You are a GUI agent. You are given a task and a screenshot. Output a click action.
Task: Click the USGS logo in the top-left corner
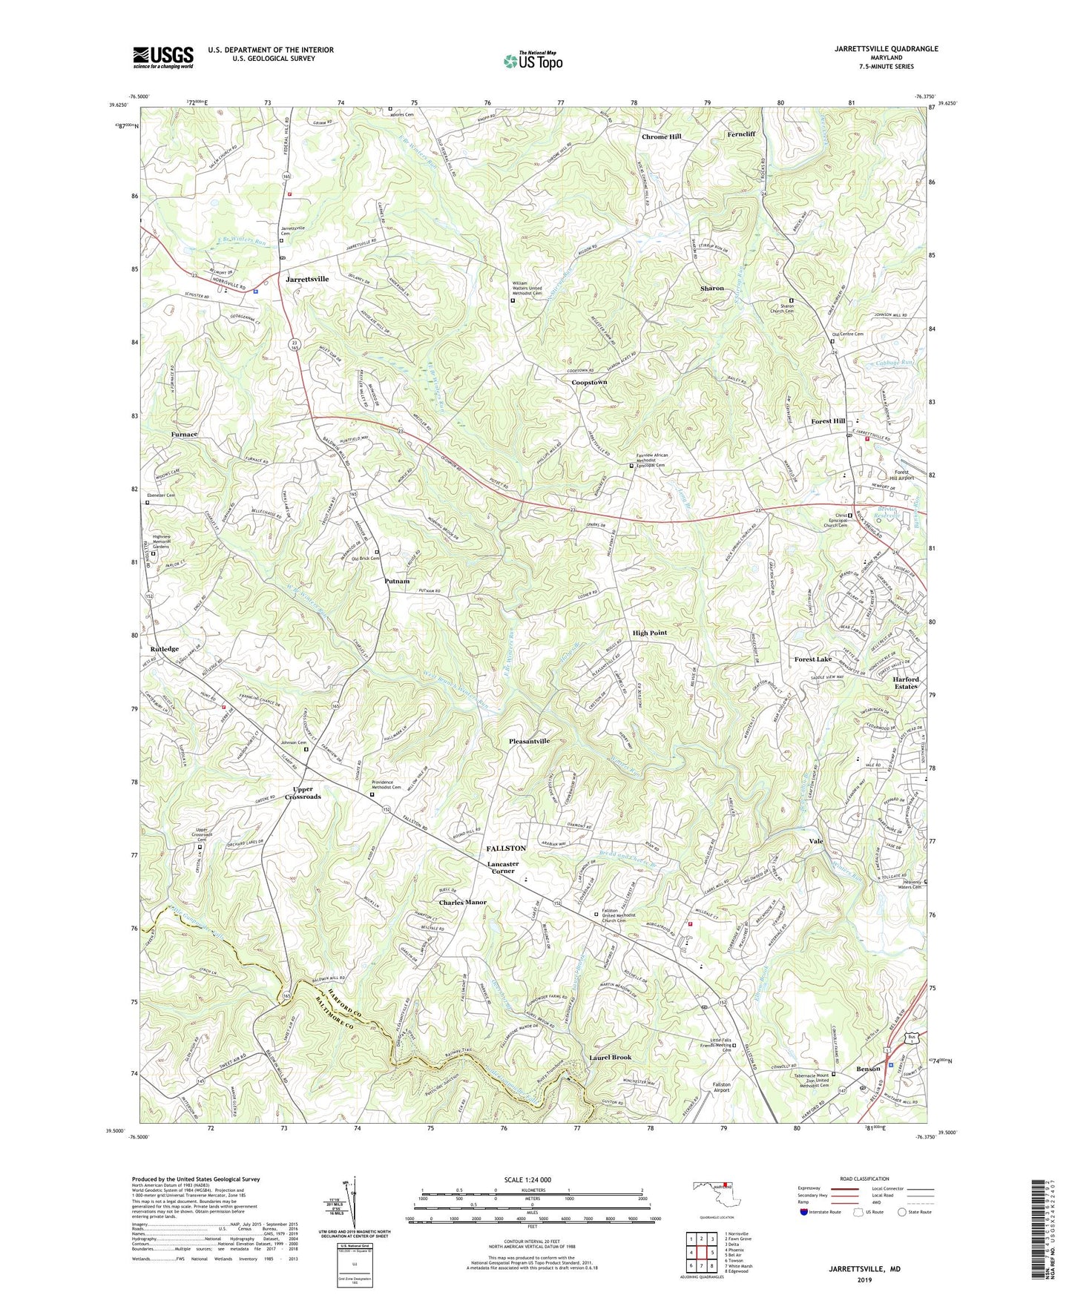163,57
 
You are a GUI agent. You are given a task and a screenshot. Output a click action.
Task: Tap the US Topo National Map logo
532,61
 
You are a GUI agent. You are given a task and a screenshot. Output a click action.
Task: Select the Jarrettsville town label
306,279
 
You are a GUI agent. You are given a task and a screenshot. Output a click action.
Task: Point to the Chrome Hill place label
661,137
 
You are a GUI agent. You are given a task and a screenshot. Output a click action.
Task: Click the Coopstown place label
589,383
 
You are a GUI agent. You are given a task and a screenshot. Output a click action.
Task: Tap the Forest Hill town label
828,421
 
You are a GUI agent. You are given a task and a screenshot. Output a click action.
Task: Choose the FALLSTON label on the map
506,848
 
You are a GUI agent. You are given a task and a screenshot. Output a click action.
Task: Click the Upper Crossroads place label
303,793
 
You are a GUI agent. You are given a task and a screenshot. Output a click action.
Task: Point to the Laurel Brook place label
611,1058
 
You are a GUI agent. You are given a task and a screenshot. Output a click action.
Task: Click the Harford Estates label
905,683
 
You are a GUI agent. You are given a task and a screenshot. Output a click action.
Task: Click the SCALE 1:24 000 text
527,1179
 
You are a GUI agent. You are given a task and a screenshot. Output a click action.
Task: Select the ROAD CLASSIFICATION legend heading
865,1179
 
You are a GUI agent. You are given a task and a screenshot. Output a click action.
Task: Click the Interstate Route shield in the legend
804,1212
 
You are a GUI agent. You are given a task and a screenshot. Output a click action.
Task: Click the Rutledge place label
164,649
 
